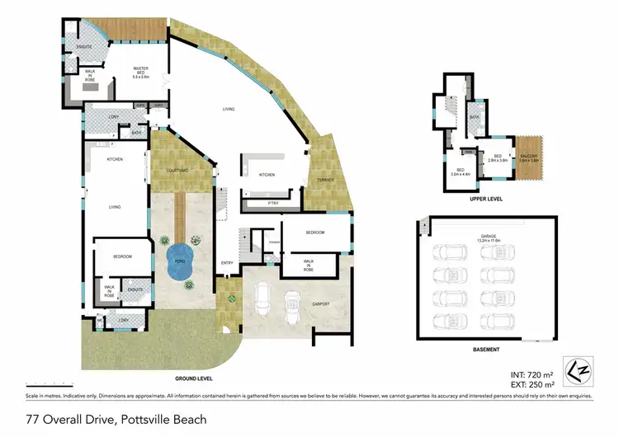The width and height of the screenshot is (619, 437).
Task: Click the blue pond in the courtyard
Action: [179, 262]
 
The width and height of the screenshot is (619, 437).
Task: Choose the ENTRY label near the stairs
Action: [227, 263]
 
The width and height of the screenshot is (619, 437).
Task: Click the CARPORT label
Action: [320, 304]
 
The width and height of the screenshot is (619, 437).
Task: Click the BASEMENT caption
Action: [486, 350]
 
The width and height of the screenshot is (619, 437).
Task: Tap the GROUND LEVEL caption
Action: [194, 378]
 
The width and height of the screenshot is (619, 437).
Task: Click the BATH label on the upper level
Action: [475, 117]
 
